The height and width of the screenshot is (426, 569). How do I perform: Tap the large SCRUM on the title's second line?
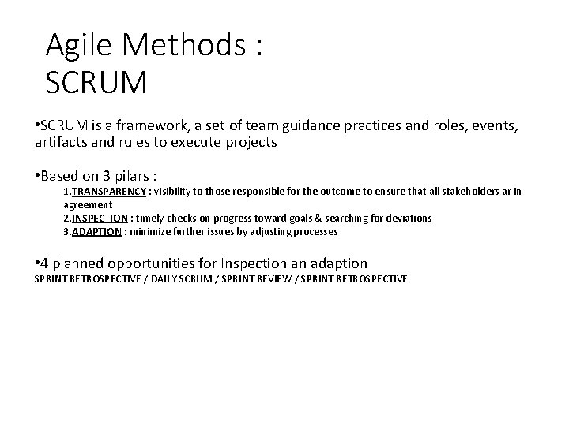[x=96, y=81]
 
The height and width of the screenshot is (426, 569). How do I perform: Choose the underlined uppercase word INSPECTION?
[x=101, y=218]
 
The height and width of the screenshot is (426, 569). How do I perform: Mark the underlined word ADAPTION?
[x=96, y=232]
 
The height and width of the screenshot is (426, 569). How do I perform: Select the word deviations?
[x=407, y=218]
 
